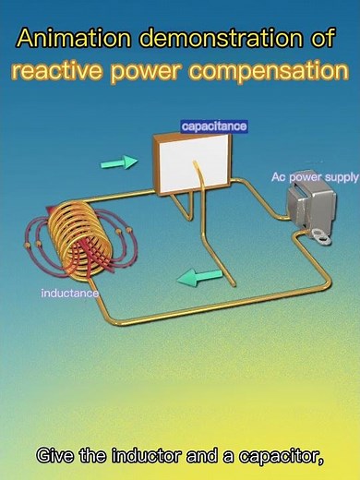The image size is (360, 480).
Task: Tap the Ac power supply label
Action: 315,176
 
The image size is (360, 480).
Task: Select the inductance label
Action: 69,294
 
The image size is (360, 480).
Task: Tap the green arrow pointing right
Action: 119,162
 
